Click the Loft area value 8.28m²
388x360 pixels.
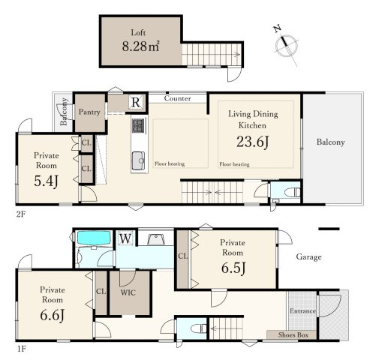pos(140,46)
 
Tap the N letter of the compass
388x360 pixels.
pos(277,29)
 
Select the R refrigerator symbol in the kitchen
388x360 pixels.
pos(136,102)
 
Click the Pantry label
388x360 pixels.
pos(89,112)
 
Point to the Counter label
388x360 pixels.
pos(177,98)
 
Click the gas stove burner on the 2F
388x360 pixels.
pos(138,126)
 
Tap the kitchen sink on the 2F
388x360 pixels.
pos(138,160)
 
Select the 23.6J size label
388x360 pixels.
pos(253,142)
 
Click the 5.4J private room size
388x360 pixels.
pos(47,181)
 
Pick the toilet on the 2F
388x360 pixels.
pos(293,193)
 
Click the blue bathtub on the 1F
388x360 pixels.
pos(94,238)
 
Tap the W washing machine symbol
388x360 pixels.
pos(125,238)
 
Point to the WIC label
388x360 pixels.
pos(128,292)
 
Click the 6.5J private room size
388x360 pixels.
pos(233,268)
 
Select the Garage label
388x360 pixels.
pos(308,257)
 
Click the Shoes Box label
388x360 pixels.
pos(293,335)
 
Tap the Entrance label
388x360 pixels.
pos(302,311)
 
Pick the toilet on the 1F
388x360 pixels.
pos(199,328)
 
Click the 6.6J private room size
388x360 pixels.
pos(53,315)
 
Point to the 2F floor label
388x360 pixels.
pos(21,214)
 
